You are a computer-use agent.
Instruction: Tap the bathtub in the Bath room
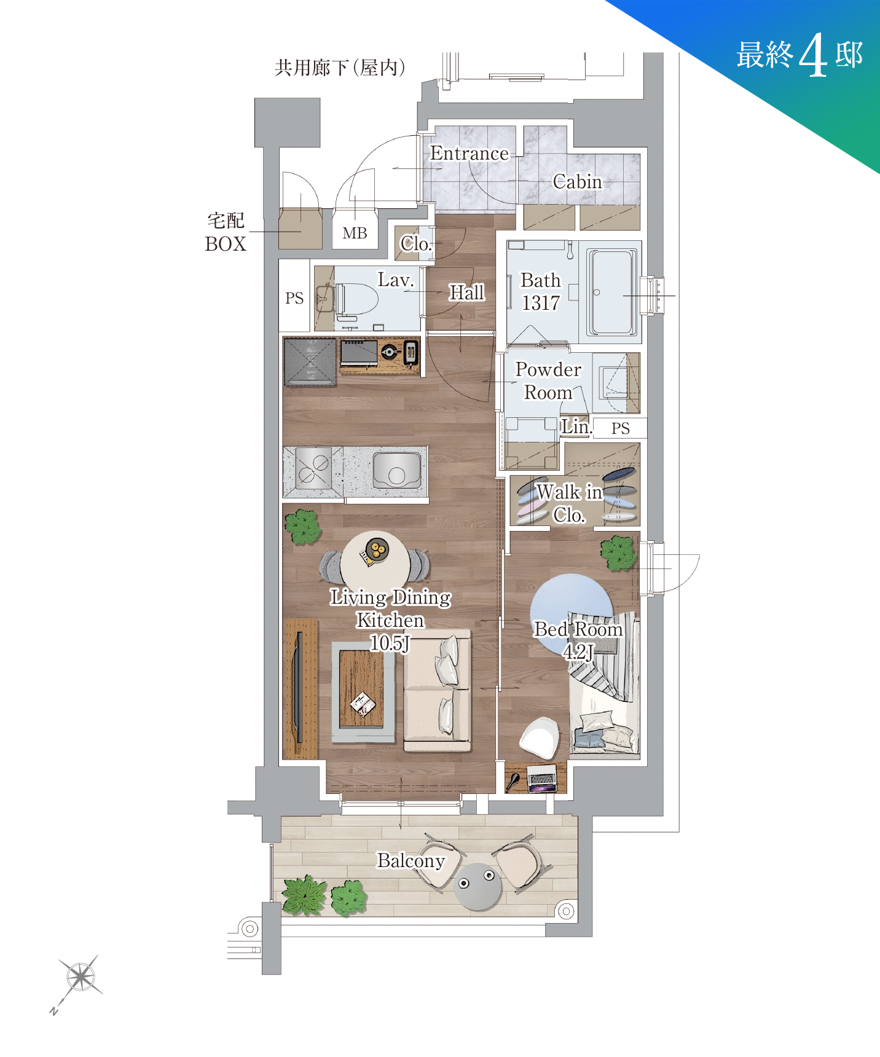click(x=611, y=292)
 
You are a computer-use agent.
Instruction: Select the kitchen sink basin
click(x=397, y=470)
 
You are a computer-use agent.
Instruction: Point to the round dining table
click(x=375, y=560)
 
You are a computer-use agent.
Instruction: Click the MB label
click(x=355, y=234)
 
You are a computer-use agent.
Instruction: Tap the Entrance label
click(x=469, y=153)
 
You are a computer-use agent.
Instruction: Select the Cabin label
click(x=577, y=181)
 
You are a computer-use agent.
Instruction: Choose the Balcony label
click(x=411, y=861)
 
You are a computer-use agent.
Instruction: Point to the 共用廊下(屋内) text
click(x=340, y=67)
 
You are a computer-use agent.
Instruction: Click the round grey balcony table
click(x=477, y=887)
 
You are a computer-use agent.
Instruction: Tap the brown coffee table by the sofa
click(x=361, y=688)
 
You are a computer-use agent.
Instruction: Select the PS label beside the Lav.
click(x=294, y=298)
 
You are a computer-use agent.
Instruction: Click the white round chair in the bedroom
click(x=540, y=737)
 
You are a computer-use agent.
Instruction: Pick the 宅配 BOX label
click(x=226, y=232)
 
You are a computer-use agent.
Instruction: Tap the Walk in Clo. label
click(x=569, y=503)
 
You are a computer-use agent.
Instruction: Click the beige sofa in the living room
click(x=437, y=690)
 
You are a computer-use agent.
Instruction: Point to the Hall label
click(x=467, y=293)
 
